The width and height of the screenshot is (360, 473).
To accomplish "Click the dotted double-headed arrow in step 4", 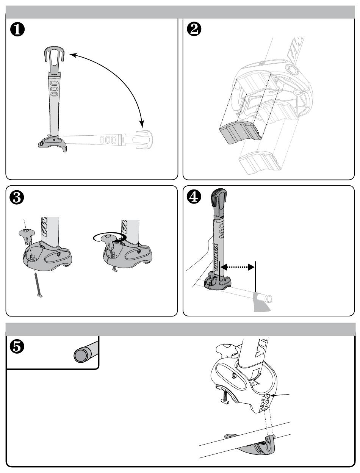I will tap(237, 267).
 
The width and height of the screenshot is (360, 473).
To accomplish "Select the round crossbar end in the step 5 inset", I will tap(80, 356).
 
